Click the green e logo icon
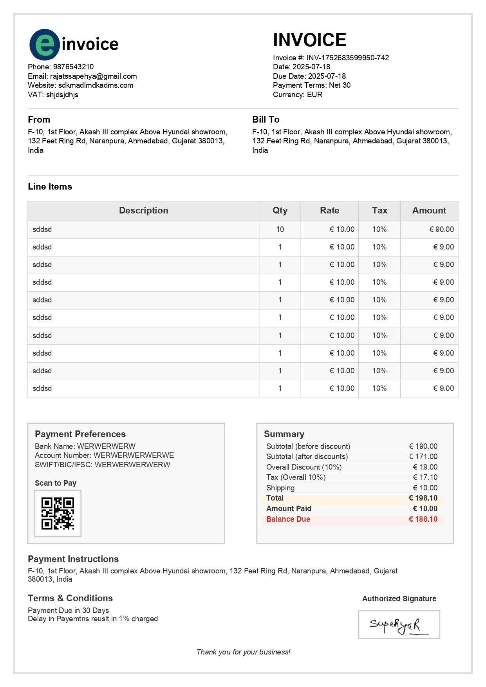pyautogui.click(x=45, y=45)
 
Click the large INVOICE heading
pyautogui.click(x=309, y=40)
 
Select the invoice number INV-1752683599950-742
pyautogui.click(x=347, y=58)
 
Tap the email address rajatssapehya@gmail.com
pyautogui.click(x=93, y=76)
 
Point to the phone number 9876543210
pyautogui.click(x=73, y=67)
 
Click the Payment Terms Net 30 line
pyautogui.click(x=312, y=85)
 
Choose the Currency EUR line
pyautogui.click(x=298, y=95)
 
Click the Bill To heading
pyautogui.click(x=266, y=119)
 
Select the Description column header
pyautogui.click(x=143, y=211)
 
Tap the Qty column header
pyautogui.click(x=280, y=211)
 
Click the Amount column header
pyautogui.click(x=429, y=211)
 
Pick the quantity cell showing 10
pyautogui.click(x=280, y=230)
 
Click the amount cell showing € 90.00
pyautogui.click(x=441, y=230)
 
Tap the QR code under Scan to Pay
pyautogui.click(x=58, y=513)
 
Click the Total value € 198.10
pyautogui.click(x=423, y=498)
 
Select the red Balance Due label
pyautogui.click(x=288, y=519)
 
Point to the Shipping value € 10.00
pyautogui.click(x=425, y=488)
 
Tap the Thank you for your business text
pyautogui.click(x=243, y=652)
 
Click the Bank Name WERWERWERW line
pyautogui.click(x=85, y=447)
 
